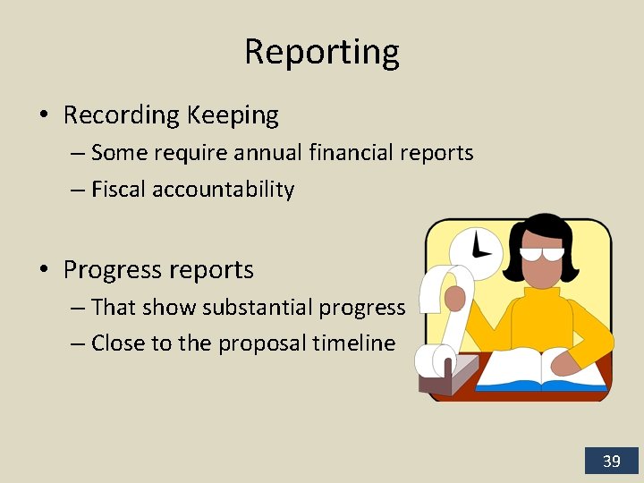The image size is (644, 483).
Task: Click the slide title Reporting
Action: [x=322, y=53]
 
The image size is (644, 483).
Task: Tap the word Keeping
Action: [x=233, y=115]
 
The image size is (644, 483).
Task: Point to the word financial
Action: [x=346, y=153]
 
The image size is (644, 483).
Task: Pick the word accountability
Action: [x=223, y=190]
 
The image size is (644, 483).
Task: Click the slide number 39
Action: [x=611, y=462]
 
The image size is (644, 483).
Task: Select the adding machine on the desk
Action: [x=446, y=376]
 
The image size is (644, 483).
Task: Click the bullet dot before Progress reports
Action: [x=43, y=270]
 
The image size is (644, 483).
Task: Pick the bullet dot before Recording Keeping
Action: [x=43, y=116]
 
